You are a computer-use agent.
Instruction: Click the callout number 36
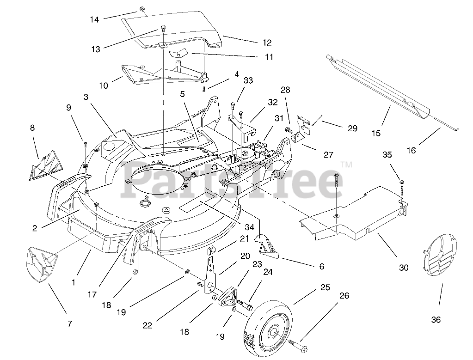coord(436,319)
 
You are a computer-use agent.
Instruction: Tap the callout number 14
coord(94,20)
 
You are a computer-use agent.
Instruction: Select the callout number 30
coord(404,267)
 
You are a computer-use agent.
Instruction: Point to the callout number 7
coord(69,323)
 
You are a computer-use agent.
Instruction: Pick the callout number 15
coord(376,134)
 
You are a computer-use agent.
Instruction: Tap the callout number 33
coord(248,80)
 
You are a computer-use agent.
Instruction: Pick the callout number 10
coord(103,85)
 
